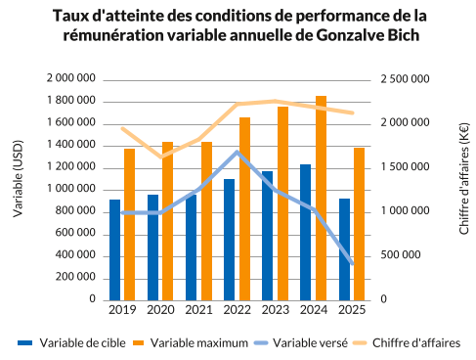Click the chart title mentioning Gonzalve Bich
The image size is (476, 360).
coord(238,25)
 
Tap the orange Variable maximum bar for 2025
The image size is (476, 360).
coord(359,224)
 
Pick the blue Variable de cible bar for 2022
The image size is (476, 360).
coord(229,240)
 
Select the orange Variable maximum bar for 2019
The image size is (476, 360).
coord(129,224)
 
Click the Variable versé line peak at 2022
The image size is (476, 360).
coord(237,152)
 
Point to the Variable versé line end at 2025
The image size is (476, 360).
coord(352,264)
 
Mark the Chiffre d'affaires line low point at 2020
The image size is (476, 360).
coord(161,157)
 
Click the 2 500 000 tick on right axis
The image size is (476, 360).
coord(401,78)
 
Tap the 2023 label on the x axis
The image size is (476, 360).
coord(275,310)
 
